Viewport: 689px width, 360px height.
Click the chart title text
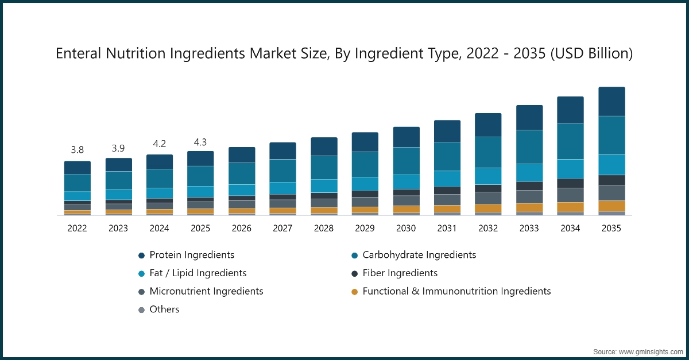(344, 54)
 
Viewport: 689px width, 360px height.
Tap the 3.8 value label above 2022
(77, 150)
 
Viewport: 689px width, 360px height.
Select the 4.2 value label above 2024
(160, 144)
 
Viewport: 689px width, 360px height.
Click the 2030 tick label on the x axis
(406, 229)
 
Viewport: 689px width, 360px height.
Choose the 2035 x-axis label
(611, 229)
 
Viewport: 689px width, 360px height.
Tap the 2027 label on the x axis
(282, 229)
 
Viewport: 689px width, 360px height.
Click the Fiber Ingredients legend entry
(400, 273)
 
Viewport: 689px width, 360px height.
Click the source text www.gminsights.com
(638, 351)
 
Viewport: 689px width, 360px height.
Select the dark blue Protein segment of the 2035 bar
(611, 102)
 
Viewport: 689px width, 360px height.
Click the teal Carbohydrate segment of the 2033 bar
(529, 147)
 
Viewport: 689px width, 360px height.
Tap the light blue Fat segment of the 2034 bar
(570, 169)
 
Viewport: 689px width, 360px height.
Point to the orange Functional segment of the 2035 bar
(611, 206)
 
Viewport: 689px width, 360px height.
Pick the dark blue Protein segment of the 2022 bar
(77, 168)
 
